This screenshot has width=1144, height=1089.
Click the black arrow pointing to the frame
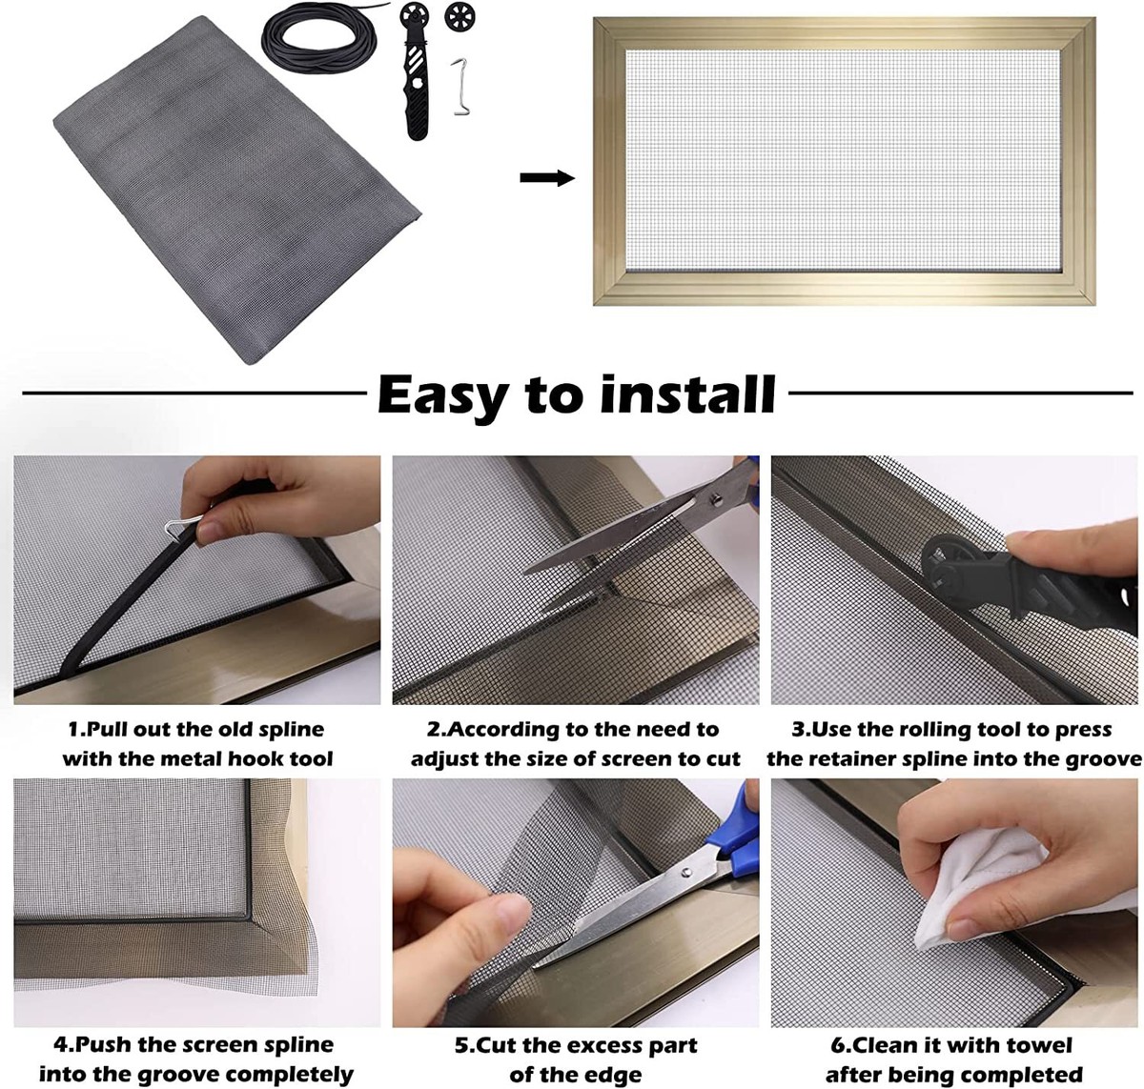(x=547, y=178)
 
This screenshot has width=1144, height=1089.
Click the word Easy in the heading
(x=441, y=393)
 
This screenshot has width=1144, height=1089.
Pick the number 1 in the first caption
(x=73, y=730)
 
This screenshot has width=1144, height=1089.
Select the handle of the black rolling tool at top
(x=418, y=105)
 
